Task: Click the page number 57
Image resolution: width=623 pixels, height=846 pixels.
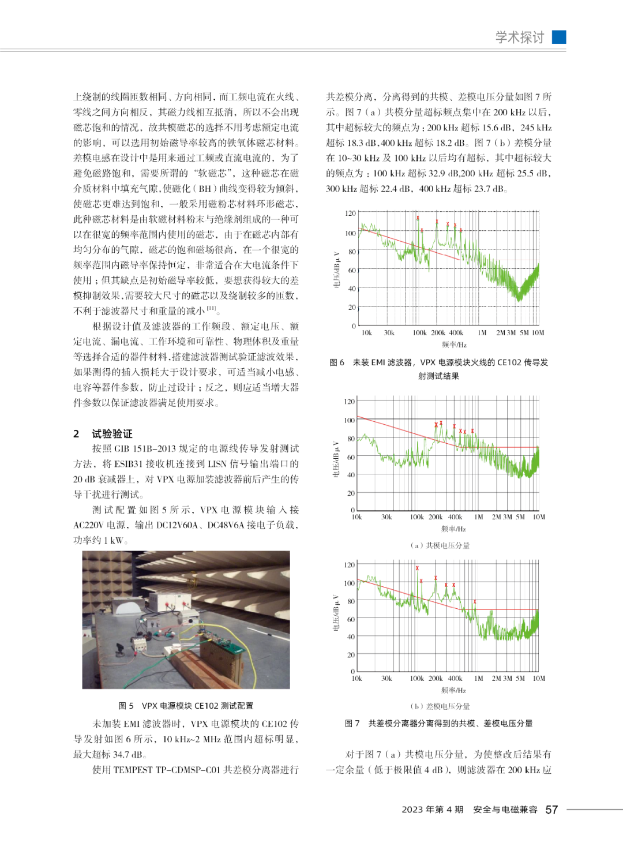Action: click(x=551, y=810)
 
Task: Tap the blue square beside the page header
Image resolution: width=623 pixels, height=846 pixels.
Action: click(x=559, y=37)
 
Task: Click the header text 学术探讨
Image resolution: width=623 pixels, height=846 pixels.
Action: click(x=520, y=38)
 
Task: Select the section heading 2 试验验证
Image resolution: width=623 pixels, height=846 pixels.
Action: click(x=104, y=433)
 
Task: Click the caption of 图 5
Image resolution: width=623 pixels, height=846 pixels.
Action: click(x=186, y=705)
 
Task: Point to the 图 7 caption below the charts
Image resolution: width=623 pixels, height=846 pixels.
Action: click(x=438, y=723)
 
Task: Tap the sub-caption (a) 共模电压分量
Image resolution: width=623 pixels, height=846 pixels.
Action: click(x=440, y=545)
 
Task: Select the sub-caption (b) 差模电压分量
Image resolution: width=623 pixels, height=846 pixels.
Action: click(x=440, y=706)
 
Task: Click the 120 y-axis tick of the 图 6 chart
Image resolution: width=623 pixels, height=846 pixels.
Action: click(x=350, y=214)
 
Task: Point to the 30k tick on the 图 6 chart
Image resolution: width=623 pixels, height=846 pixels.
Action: click(x=389, y=333)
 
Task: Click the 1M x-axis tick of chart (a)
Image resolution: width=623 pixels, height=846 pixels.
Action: click(x=478, y=517)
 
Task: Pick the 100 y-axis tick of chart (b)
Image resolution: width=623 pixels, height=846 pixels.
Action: click(x=350, y=583)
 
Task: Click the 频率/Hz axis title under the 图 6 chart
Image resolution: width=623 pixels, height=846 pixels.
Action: click(x=454, y=345)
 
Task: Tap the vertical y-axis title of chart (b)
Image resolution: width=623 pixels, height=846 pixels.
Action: click(x=336, y=613)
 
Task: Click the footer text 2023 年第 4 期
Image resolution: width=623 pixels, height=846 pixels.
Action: click(x=432, y=810)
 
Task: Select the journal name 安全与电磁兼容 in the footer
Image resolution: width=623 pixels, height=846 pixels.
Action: click(x=505, y=810)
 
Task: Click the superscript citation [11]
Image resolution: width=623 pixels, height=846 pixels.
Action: click(x=211, y=308)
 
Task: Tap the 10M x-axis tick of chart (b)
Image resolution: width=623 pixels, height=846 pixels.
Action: click(x=538, y=679)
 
